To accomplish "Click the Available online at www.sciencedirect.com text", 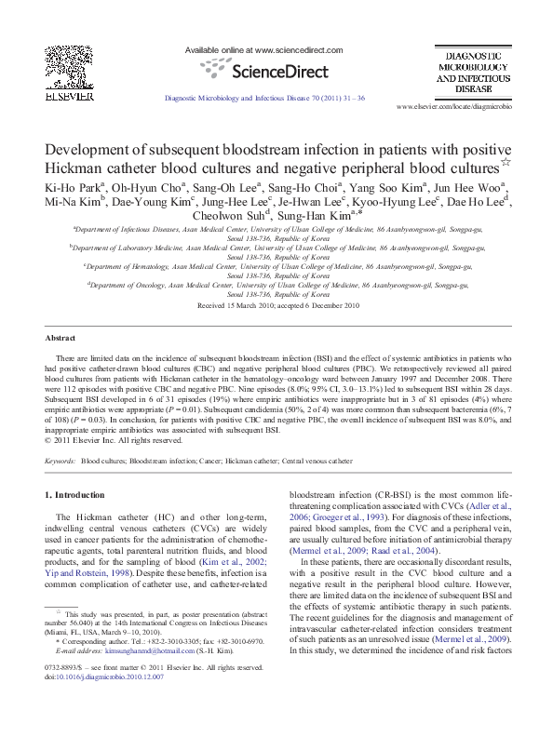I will coord(264,49).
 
